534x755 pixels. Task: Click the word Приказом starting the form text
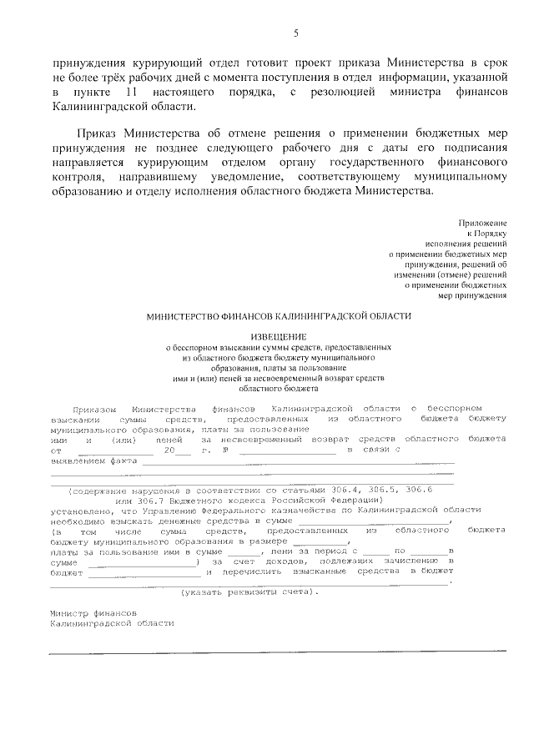(x=93, y=410)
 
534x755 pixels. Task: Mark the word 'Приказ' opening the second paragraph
(x=98, y=133)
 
